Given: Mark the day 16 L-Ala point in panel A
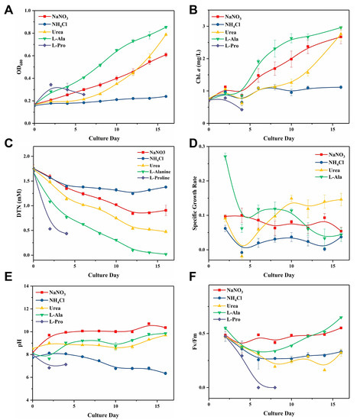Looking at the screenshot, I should (x=166, y=27).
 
